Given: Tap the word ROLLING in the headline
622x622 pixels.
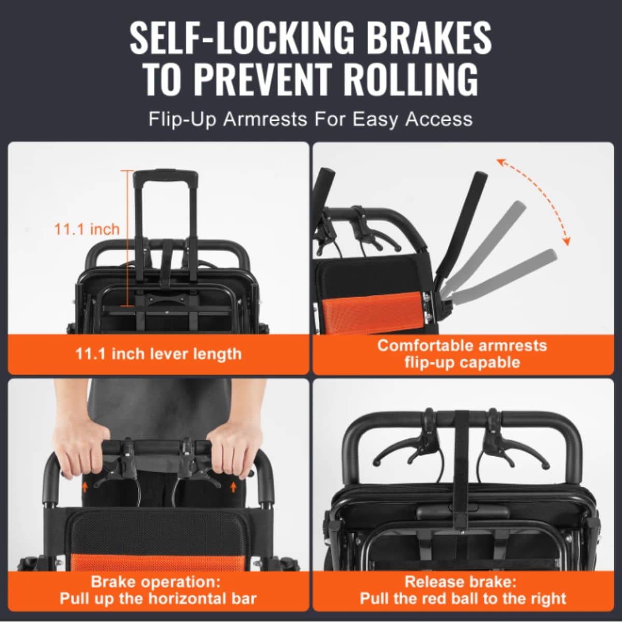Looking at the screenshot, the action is (409, 79).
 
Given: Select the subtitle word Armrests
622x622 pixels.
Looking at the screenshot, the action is (265, 119).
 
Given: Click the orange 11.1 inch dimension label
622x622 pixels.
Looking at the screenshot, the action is (87, 229).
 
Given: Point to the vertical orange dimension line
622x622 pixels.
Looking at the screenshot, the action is (128, 238).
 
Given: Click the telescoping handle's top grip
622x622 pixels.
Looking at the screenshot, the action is (166, 177).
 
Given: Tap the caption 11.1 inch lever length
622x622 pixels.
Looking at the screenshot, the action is (159, 354).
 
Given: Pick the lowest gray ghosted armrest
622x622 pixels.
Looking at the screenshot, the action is (503, 275).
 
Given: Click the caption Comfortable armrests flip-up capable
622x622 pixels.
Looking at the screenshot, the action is (462, 354).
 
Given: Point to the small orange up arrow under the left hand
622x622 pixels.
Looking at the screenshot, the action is (85, 496).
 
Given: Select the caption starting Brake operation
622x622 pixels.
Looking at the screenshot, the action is (158, 590).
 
